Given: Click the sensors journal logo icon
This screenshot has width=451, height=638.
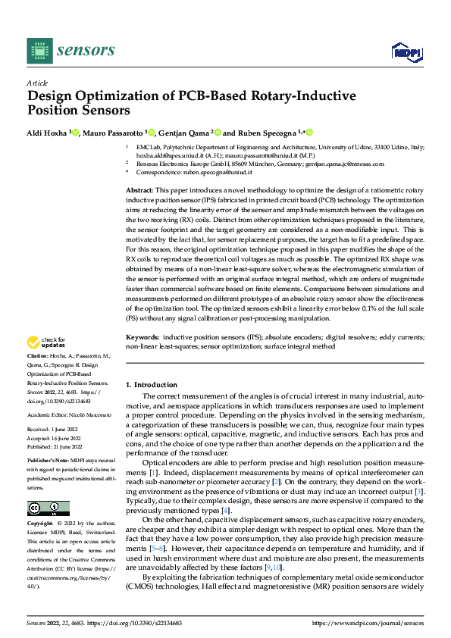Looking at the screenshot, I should [x=39, y=51].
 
